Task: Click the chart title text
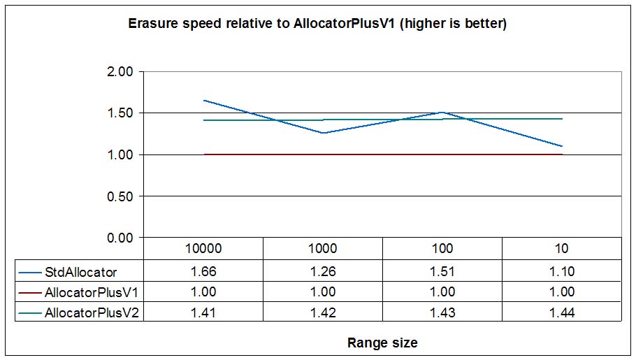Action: click(317, 24)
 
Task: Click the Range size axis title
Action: click(382, 343)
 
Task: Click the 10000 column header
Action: click(203, 248)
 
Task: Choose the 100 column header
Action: click(442, 248)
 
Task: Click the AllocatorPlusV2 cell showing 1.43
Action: click(442, 313)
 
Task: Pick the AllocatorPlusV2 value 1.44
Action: click(562, 313)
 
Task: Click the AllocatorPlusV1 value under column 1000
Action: click(323, 291)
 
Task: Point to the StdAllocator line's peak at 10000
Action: click(203, 100)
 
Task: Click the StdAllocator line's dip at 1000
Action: click(323, 133)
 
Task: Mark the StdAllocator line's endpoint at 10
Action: click(562, 146)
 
